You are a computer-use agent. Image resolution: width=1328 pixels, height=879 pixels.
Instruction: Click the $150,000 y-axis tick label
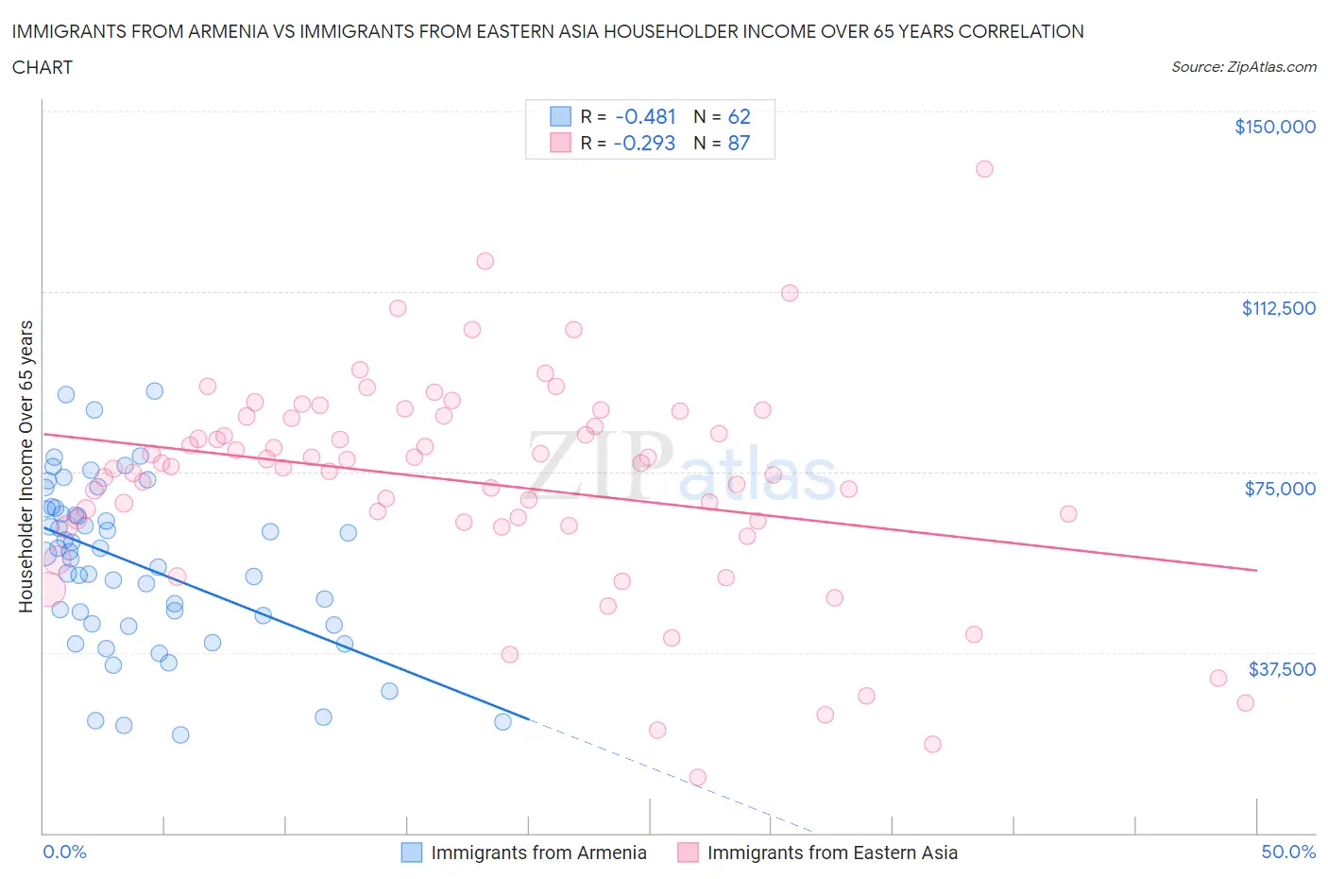pyautogui.click(x=1274, y=127)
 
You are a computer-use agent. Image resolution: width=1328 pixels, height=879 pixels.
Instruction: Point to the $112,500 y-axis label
pyautogui.click(x=1278, y=308)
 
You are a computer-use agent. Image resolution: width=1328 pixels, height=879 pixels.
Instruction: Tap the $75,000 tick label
pyautogui.click(x=1280, y=489)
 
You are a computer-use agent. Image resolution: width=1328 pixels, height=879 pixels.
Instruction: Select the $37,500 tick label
pyautogui.click(x=1282, y=669)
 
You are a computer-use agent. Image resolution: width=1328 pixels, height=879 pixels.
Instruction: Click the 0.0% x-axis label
pyautogui.click(x=64, y=852)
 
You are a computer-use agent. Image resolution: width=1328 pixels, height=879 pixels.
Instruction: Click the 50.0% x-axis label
pyautogui.click(x=1288, y=852)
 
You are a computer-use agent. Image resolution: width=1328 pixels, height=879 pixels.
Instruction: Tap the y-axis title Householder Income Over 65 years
pyautogui.click(x=26, y=466)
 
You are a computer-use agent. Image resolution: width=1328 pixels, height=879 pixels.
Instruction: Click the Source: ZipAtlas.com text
pyautogui.click(x=1243, y=66)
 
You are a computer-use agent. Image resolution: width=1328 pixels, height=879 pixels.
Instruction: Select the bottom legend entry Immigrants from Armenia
pyautogui.click(x=524, y=853)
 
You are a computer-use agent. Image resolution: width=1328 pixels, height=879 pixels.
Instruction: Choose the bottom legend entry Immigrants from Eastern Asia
pyautogui.click(x=818, y=853)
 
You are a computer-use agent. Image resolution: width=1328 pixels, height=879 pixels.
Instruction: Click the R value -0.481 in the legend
pyautogui.click(x=645, y=116)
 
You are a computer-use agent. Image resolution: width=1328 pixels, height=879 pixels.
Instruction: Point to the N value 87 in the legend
pyautogui.click(x=739, y=143)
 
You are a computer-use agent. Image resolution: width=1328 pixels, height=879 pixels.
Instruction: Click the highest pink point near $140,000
pyautogui.click(x=984, y=169)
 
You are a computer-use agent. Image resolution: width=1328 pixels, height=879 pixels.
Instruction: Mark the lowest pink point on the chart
pyautogui.click(x=697, y=777)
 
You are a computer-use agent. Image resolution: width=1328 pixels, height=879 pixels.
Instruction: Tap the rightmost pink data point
pyautogui.click(x=1245, y=702)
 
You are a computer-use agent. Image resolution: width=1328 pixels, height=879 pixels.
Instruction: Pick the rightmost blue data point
pyautogui.click(x=502, y=721)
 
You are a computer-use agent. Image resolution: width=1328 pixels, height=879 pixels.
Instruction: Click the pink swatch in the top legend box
pyautogui.click(x=560, y=143)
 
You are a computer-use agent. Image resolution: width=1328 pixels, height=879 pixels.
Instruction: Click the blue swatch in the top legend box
pyautogui.click(x=560, y=116)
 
